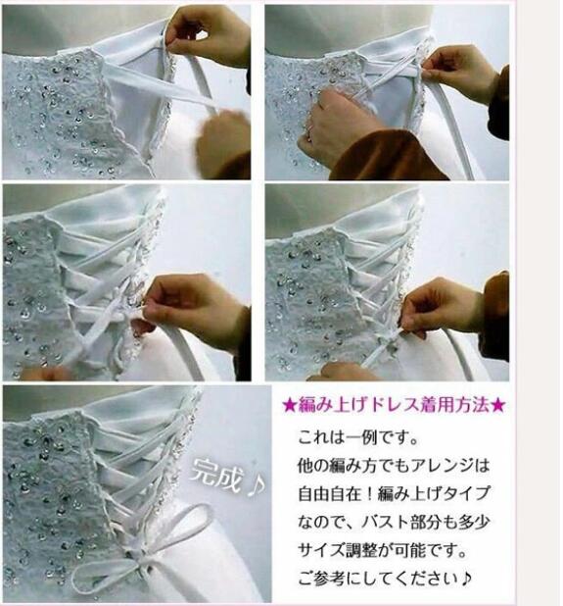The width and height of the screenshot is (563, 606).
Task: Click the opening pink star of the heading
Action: point(288,404)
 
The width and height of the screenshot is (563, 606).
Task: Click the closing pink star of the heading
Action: point(498,404)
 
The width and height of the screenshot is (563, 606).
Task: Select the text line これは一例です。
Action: point(360,435)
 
